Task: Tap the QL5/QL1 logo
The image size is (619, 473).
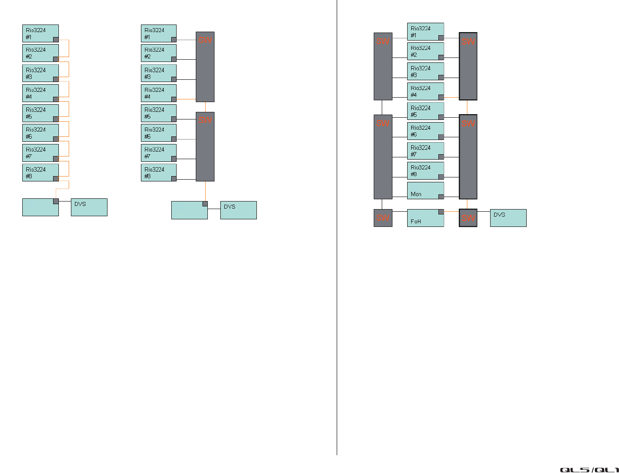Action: (x=589, y=469)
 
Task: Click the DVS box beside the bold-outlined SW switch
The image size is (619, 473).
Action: (x=508, y=218)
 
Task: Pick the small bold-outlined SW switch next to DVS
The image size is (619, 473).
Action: (x=468, y=218)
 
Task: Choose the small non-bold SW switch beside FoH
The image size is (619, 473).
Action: (x=383, y=218)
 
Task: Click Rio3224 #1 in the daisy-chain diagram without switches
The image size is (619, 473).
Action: (x=40, y=33)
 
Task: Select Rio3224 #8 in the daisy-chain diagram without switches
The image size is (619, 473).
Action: (x=40, y=173)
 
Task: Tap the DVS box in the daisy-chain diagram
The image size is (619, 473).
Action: (x=89, y=207)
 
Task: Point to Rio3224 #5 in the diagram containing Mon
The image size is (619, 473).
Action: (x=425, y=111)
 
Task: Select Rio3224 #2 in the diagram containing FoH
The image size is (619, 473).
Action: (x=425, y=51)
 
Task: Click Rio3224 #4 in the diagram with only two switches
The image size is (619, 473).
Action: (x=158, y=93)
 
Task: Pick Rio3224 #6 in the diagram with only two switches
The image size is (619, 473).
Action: (x=158, y=133)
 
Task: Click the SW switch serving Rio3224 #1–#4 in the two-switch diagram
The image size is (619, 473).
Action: (x=205, y=67)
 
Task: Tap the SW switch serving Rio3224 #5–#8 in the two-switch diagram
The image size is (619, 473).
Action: (x=205, y=147)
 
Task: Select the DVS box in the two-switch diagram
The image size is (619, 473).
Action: (x=238, y=210)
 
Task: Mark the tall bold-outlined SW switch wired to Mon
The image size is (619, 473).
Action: (x=468, y=157)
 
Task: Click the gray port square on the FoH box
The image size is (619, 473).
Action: (x=441, y=212)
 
